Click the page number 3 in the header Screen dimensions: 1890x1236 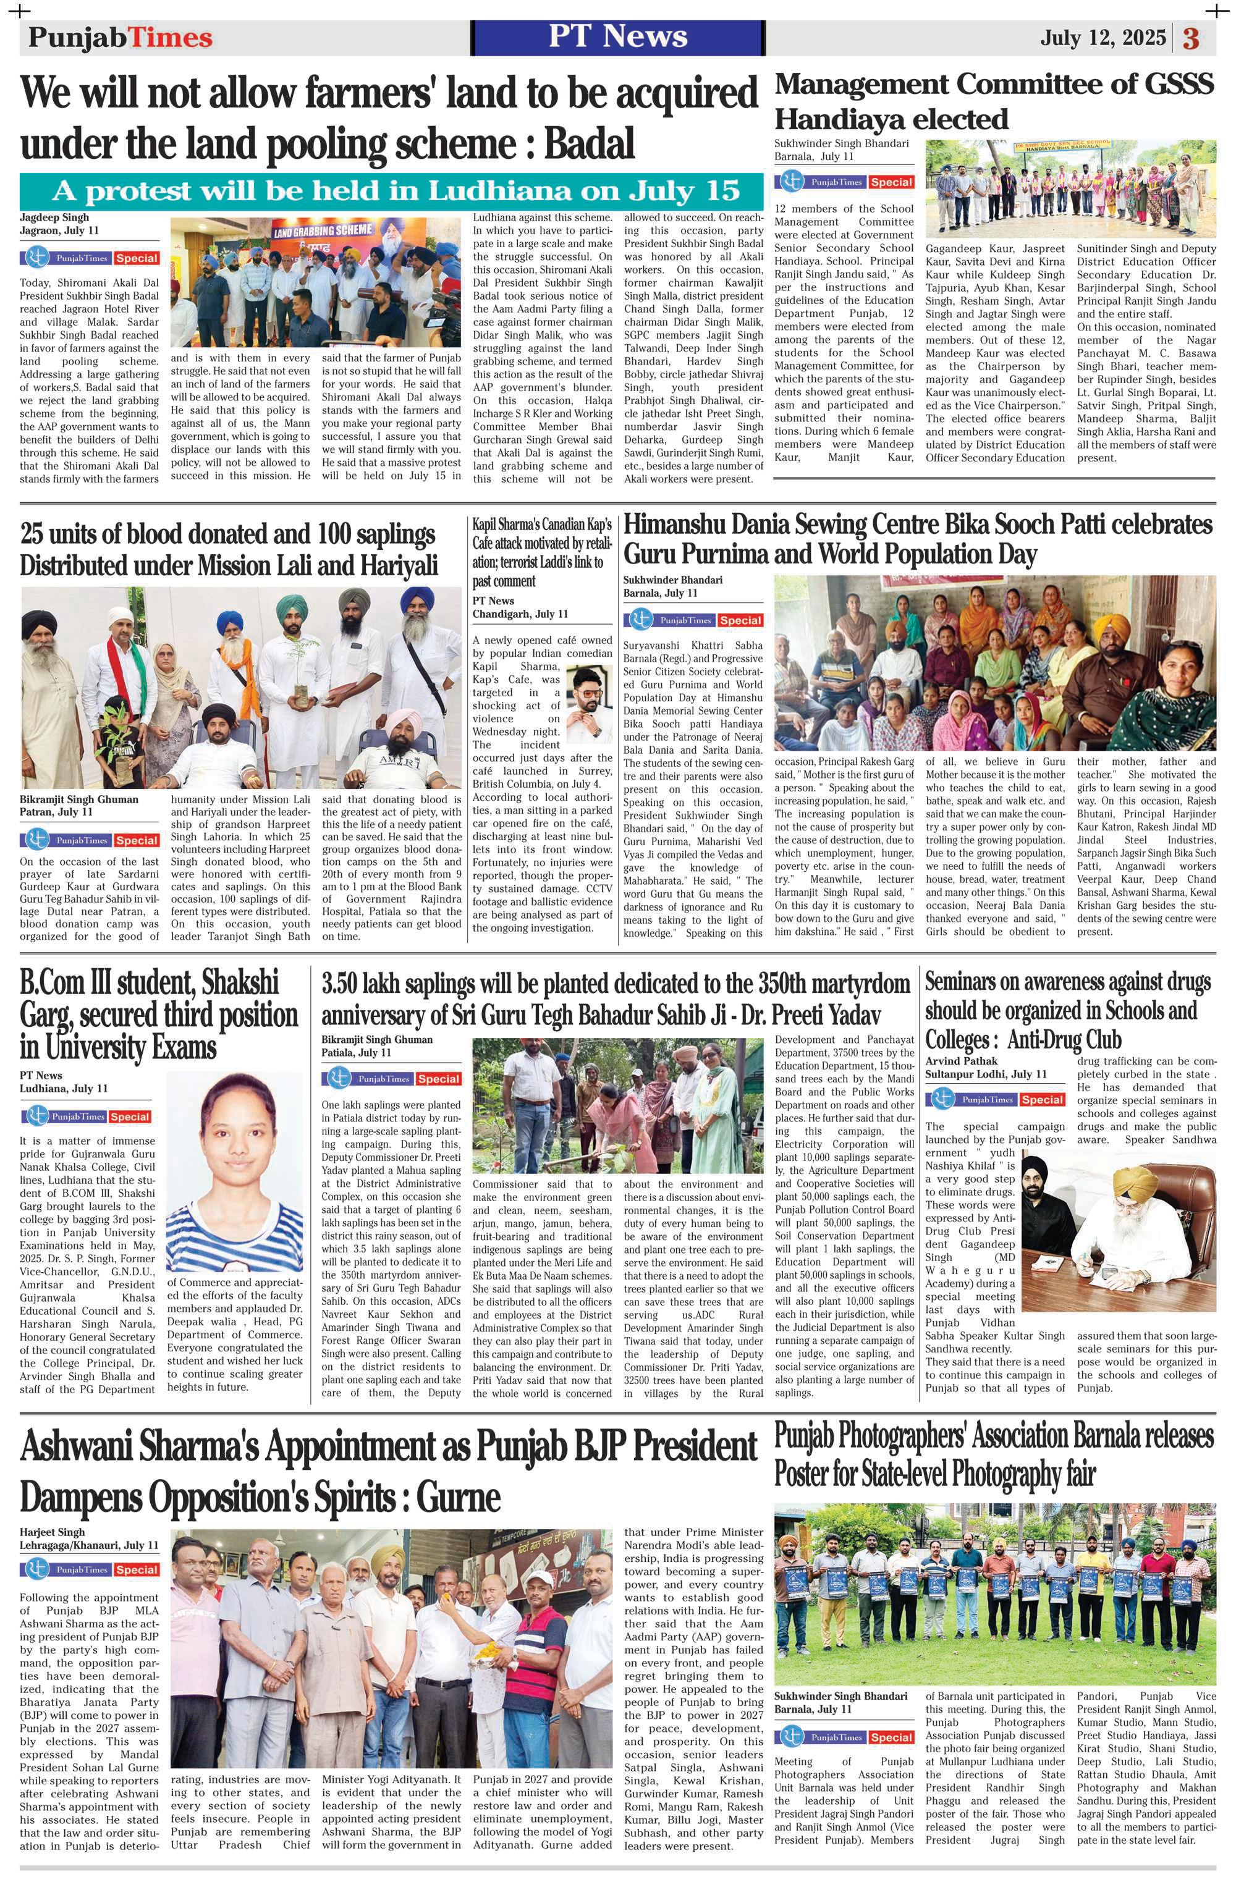tap(1189, 38)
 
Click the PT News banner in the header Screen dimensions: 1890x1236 tap(617, 36)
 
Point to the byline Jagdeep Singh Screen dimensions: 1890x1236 tap(54, 217)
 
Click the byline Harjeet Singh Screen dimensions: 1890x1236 tap(53, 1532)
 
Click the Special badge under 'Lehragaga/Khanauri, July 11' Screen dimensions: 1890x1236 tap(136, 1570)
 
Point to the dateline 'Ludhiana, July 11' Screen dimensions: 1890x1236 tap(64, 1088)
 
